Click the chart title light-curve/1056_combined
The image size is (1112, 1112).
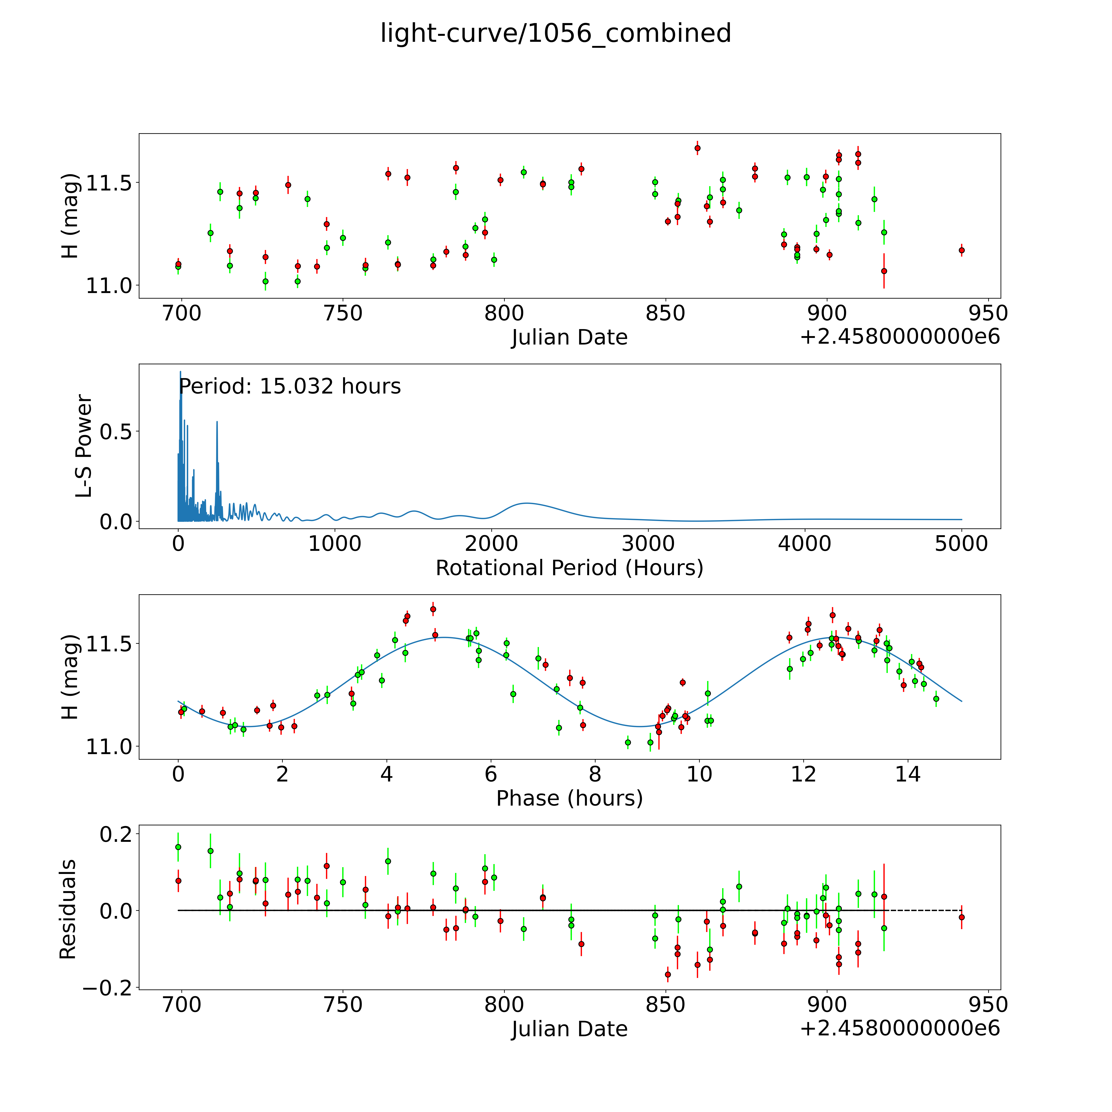tap(555, 33)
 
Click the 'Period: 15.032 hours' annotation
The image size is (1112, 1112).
tap(290, 386)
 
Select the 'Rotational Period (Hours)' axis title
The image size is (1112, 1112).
tap(569, 568)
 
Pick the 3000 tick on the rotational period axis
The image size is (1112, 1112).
tap(648, 544)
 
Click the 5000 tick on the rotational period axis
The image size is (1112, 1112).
tap(961, 544)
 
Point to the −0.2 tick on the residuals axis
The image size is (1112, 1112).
tap(107, 988)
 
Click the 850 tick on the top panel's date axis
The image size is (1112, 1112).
tap(665, 314)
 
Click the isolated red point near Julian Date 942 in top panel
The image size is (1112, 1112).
tap(961, 250)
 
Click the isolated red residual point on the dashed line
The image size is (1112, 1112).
tap(961, 917)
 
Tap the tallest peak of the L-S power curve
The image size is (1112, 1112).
tap(180, 372)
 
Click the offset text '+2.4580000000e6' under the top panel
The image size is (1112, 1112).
tap(900, 337)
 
